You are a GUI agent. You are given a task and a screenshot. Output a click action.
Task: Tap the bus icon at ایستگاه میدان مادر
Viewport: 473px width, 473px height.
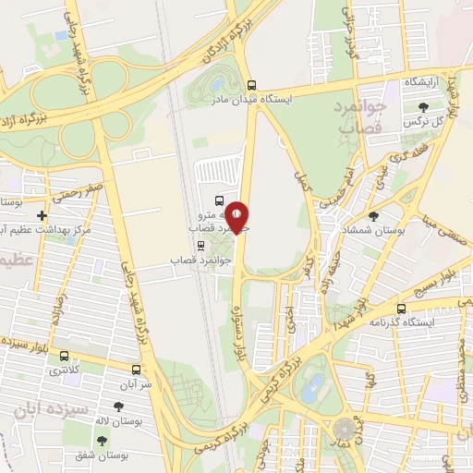point(250,84)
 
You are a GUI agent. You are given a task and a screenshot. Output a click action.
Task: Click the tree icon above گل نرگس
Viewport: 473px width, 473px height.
point(423,106)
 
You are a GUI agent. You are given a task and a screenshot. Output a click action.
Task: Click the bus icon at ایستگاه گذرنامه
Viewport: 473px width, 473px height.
point(401,309)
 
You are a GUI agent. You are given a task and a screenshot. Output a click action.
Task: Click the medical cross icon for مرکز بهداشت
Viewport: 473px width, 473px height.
point(42,215)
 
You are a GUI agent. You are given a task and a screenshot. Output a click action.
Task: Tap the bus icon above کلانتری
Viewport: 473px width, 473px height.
point(64,356)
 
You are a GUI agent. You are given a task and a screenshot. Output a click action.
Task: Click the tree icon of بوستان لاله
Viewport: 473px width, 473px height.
point(117,406)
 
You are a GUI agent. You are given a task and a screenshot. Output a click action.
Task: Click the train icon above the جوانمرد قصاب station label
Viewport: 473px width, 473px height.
point(200,246)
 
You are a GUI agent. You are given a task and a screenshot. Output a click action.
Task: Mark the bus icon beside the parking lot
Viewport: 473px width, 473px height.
point(218,200)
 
